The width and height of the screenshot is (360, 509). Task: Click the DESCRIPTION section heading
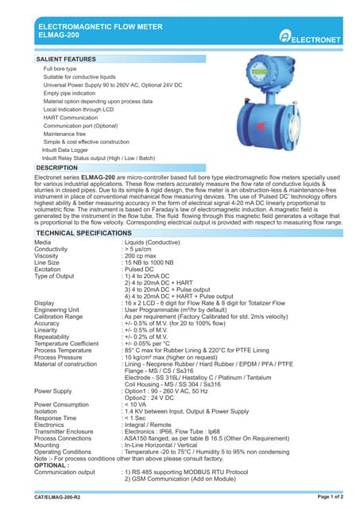(57, 168)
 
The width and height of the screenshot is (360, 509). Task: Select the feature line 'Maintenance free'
(64, 134)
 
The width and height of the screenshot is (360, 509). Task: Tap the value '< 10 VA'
(135, 404)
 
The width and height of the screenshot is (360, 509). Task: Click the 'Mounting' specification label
(49, 445)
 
